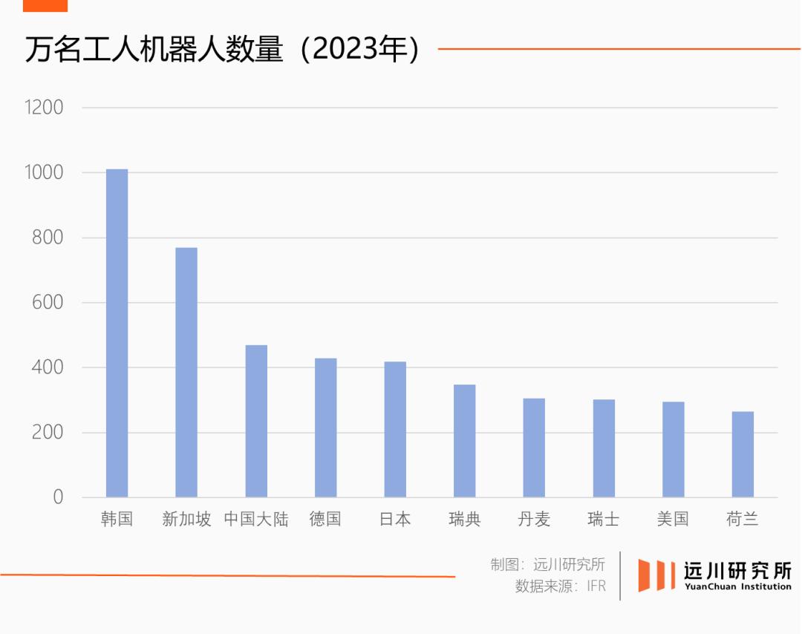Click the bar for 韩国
117,333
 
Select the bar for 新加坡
186,372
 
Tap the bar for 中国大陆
256,421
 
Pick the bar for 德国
325,428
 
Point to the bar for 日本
395,429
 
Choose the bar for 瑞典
465,441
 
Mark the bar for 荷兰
743,454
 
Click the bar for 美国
674,449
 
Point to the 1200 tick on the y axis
44,108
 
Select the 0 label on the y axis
58,497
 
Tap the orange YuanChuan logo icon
655,575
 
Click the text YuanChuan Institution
737,586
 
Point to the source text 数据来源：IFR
561,586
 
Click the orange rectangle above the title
45,5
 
